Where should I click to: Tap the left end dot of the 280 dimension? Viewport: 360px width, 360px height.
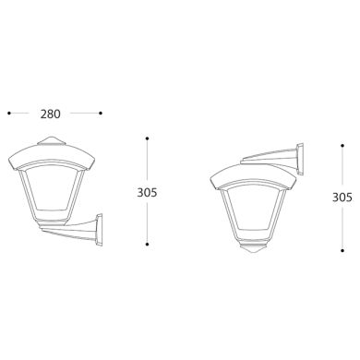pyautogui.click(x=8, y=114)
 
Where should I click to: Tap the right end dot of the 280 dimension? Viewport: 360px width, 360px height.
pyautogui.click(x=101, y=114)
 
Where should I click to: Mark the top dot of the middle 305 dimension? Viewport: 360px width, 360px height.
pyautogui.click(x=148, y=140)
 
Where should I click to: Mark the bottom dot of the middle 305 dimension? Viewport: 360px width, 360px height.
pyautogui.click(x=148, y=244)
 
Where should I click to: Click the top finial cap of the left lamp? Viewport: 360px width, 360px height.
pyautogui.click(x=49, y=141)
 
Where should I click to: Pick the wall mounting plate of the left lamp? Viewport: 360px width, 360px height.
pyautogui.click(x=96, y=230)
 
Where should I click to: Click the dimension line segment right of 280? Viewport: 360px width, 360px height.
pyautogui.click(x=85, y=114)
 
